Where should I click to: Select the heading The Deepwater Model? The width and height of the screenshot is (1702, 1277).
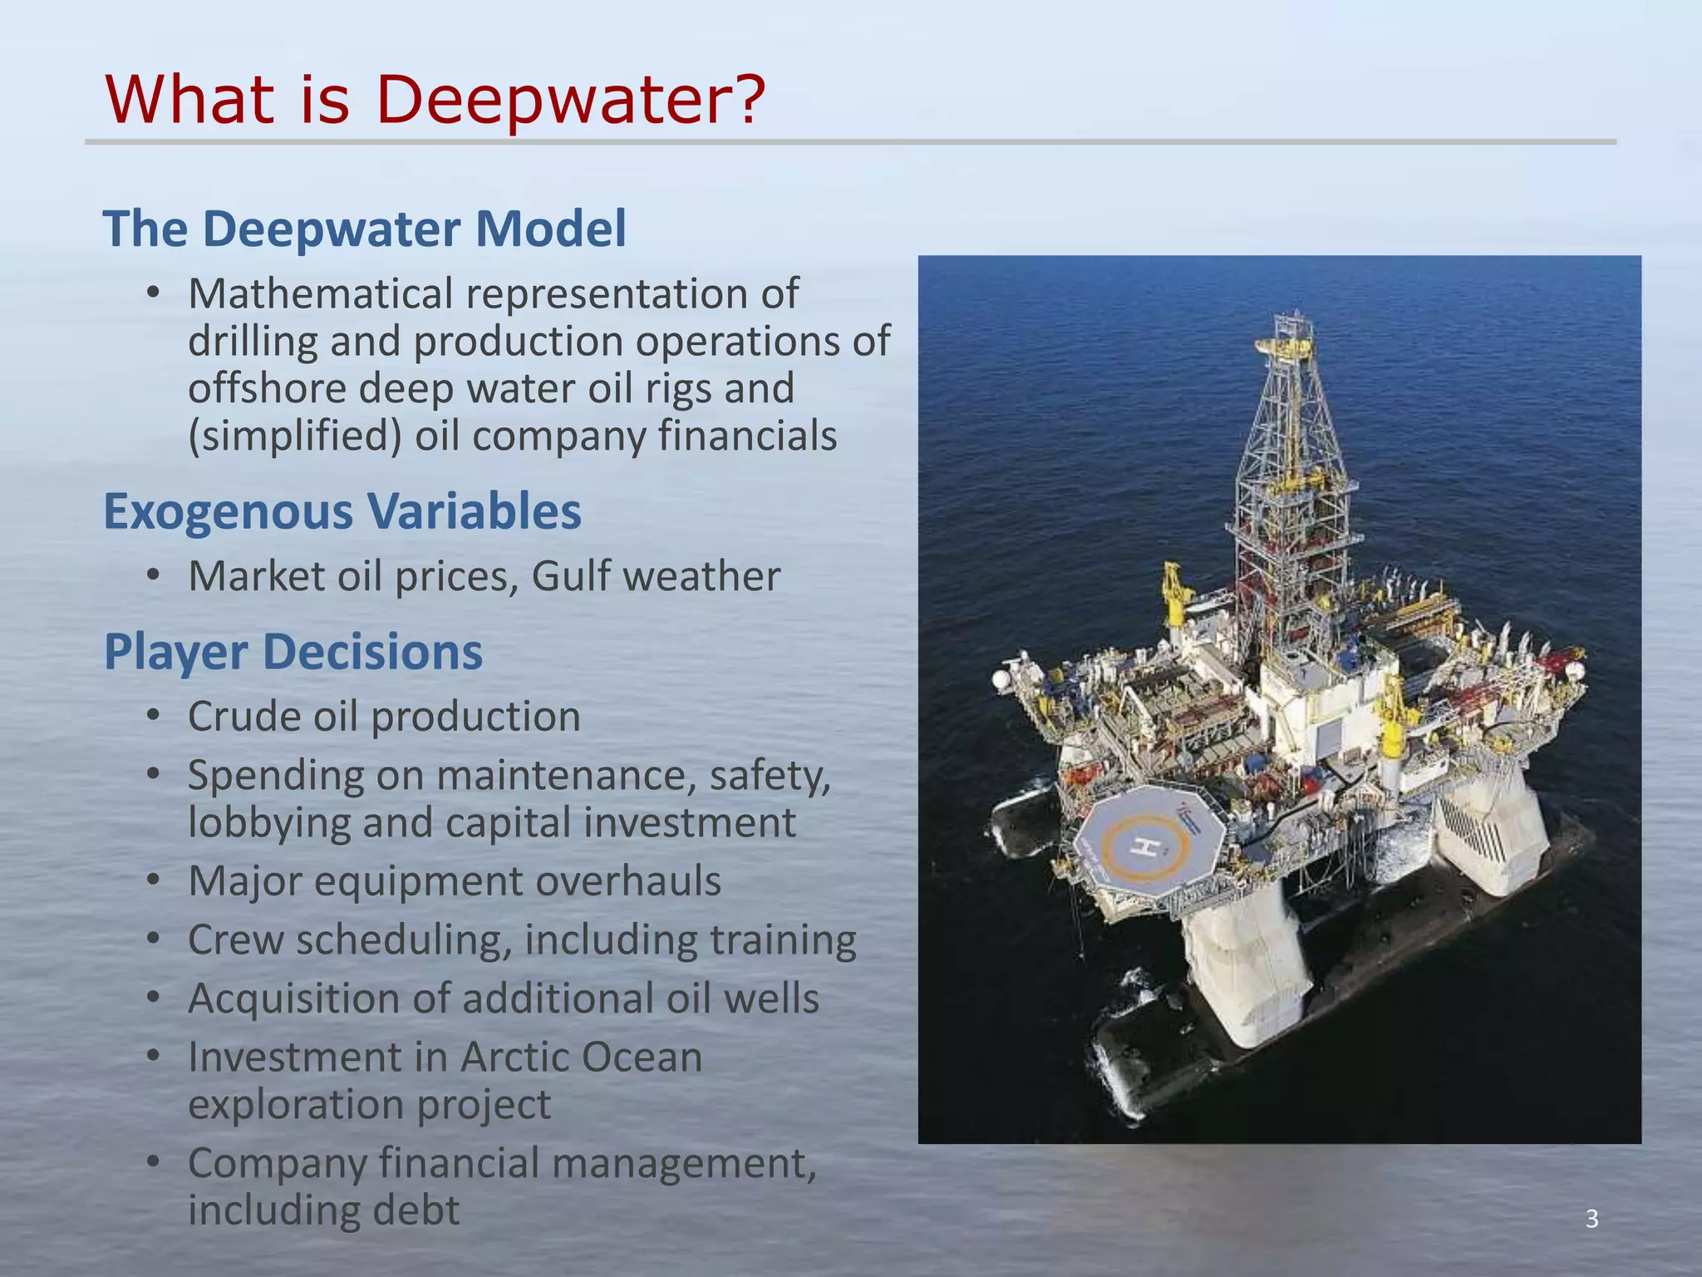(x=364, y=229)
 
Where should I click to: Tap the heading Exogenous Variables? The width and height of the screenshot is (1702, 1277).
(x=342, y=510)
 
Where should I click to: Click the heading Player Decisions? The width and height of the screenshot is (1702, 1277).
(x=293, y=651)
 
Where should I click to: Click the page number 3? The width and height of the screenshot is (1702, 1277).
(x=1591, y=1219)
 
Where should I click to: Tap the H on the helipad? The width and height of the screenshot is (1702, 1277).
(x=1148, y=847)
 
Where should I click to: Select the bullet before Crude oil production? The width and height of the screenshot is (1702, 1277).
(x=152, y=716)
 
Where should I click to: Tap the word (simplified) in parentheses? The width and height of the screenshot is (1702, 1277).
(x=295, y=436)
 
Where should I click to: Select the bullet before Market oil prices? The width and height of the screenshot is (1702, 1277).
(x=152, y=575)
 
